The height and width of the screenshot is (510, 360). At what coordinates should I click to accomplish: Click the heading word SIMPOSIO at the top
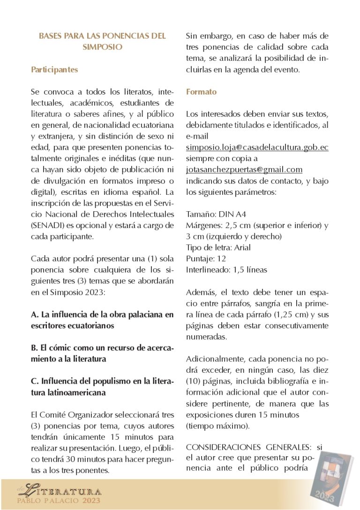102,47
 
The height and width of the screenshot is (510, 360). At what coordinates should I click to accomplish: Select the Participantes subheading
54,70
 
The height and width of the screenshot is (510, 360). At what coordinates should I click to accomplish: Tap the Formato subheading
201,92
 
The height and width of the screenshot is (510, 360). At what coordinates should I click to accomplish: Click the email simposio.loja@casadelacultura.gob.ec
257,148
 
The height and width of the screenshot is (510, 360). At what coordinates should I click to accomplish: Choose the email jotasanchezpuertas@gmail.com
244,170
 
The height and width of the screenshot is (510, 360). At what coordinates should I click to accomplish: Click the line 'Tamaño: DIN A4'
216,214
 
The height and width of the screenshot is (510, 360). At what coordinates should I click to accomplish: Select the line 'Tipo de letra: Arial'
218,248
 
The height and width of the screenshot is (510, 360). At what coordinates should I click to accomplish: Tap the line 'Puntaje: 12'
206,259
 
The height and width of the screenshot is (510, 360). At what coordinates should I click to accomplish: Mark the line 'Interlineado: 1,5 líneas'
226,270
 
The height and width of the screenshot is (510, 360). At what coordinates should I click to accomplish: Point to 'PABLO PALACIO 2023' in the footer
59,502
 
